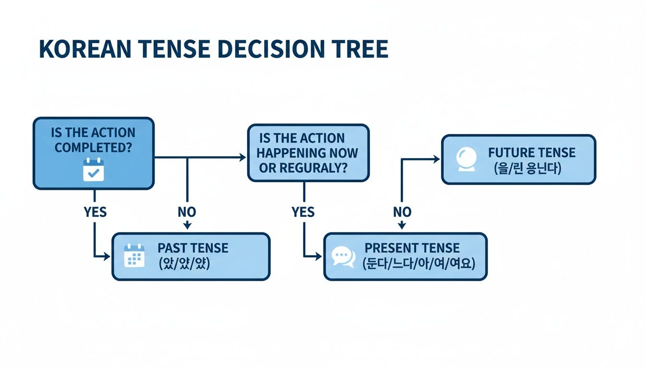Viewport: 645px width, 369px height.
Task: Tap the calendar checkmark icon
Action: point(93,170)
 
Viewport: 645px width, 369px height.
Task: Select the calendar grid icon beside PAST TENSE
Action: point(134,256)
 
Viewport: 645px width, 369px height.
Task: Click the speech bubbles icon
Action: point(344,257)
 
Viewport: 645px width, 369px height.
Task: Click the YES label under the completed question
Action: point(95,212)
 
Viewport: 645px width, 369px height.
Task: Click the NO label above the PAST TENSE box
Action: point(187,212)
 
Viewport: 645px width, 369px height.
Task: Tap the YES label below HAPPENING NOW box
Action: point(303,212)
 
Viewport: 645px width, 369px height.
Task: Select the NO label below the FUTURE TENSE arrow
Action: point(402,212)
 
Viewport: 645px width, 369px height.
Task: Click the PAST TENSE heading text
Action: point(193,248)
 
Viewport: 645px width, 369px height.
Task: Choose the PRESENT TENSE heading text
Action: point(412,248)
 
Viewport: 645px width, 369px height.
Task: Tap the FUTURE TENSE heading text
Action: point(531,153)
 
